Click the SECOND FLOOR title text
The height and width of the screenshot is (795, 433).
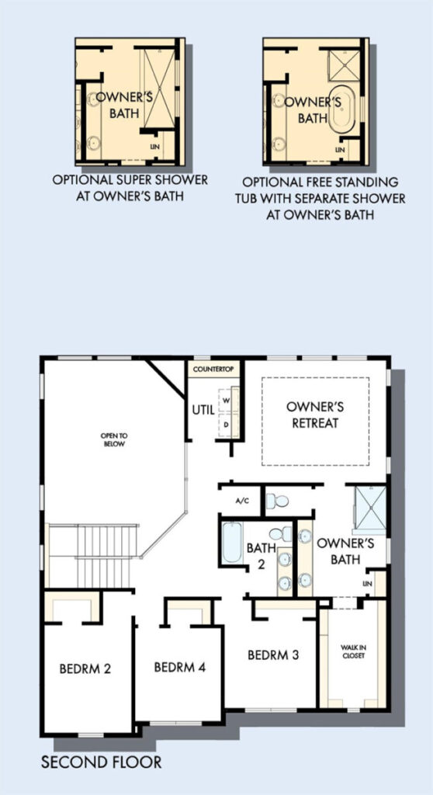102,762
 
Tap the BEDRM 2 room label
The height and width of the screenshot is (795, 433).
85,668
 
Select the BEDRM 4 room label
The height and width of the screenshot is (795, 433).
180,667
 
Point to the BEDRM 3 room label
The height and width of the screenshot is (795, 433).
273,654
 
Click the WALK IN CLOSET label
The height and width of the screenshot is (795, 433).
353,651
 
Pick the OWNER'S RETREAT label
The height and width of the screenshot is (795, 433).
315,415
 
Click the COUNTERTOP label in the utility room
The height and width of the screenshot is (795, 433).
213,369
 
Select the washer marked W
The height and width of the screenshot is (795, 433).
227,400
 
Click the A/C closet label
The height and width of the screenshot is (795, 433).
242,501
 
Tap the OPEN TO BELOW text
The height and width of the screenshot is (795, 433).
113,439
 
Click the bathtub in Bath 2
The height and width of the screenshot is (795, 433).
232,542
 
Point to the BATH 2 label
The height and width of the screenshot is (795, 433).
261,556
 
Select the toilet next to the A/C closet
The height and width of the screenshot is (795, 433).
277,501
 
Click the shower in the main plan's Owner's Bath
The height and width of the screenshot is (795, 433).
370,508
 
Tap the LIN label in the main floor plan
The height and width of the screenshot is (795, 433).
368,584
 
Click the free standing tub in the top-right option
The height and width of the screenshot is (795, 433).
343,109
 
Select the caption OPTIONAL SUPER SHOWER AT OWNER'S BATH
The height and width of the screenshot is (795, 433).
130,188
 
